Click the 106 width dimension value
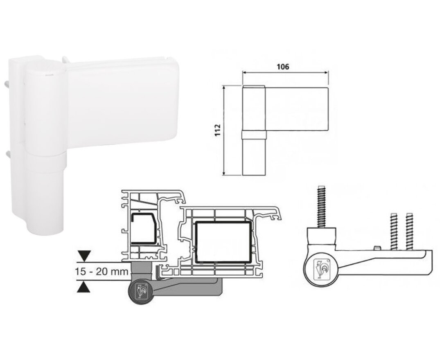[x=283, y=67]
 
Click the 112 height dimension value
[x=218, y=130]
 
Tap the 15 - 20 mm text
[x=102, y=272]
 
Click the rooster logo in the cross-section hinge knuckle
[x=140, y=292]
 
